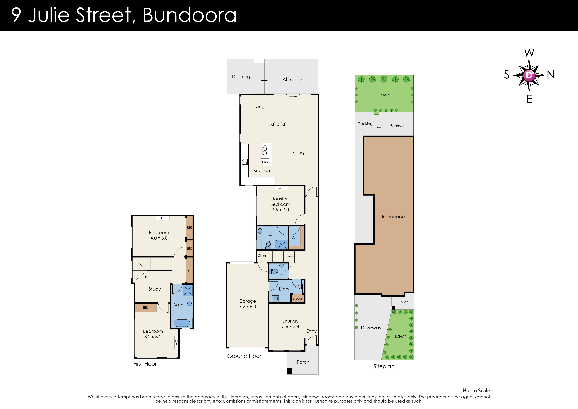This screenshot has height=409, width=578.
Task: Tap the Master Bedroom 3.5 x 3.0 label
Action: pyautogui.click(x=280, y=204)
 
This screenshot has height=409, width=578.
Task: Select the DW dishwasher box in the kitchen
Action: pyautogui.click(x=265, y=162)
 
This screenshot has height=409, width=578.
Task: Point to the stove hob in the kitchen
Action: pyautogui.click(x=244, y=162)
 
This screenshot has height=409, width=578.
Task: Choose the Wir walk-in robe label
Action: pyautogui.click(x=295, y=238)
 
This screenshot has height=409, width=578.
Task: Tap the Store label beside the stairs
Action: pyautogui.click(x=263, y=256)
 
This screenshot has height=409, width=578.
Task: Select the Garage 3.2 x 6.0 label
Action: pyautogui.click(x=247, y=304)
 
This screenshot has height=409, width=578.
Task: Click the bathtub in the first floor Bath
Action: pyautogui.click(x=182, y=323)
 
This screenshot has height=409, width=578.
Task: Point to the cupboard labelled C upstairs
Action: pyautogui.click(x=190, y=271)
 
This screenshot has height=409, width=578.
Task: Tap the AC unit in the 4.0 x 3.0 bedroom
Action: pyautogui.click(x=163, y=218)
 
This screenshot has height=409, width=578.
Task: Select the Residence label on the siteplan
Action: pyautogui.click(x=393, y=217)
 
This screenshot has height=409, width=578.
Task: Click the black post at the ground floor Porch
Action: pyautogui.click(x=290, y=371)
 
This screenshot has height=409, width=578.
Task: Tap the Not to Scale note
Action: pyautogui.click(x=476, y=391)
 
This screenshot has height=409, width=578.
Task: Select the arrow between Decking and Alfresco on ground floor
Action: pyautogui.click(x=264, y=81)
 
